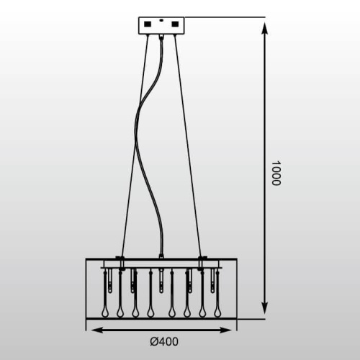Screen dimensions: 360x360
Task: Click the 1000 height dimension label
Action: [276, 173]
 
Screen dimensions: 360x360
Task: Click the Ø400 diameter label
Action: [164, 342]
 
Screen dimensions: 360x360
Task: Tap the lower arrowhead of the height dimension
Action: [265, 307]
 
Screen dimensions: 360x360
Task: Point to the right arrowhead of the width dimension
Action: [224, 330]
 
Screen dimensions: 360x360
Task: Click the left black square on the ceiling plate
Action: [148, 24]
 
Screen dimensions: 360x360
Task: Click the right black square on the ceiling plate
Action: [175, 24]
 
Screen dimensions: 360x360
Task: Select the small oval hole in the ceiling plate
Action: [161, 21]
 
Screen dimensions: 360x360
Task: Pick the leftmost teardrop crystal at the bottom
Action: [105, 312]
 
